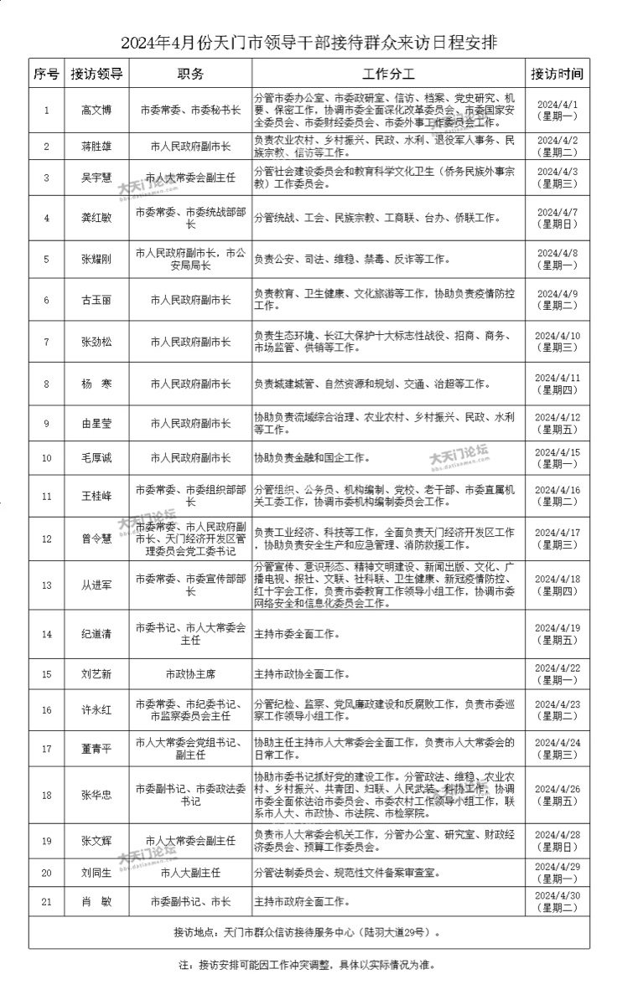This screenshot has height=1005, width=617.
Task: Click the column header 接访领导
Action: click(x=97, y=73)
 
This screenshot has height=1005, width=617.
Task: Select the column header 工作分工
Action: click(x=389, y=73)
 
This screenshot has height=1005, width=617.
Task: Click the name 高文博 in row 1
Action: click(x=97, y=110)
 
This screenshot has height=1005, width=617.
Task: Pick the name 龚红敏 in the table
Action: click(x=97, y=219)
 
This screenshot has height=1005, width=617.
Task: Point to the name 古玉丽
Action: click(x=97, y=300)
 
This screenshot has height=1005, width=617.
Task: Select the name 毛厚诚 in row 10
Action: click(x=97, y=457)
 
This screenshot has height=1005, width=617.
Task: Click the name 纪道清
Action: click(x=97, y=634)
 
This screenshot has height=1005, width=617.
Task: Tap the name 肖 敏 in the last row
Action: click(x=97, y=902)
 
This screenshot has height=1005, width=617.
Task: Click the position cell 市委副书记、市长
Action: click(x=190, y=902)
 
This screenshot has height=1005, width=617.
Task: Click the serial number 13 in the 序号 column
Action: click(x=47, y=585)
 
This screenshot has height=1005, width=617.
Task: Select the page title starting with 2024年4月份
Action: click(x=308, y=42)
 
